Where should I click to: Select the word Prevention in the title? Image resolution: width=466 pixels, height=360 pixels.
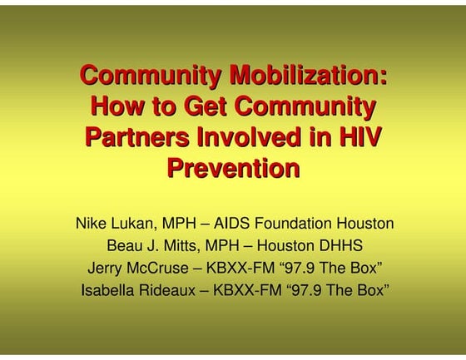click(233, 168)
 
